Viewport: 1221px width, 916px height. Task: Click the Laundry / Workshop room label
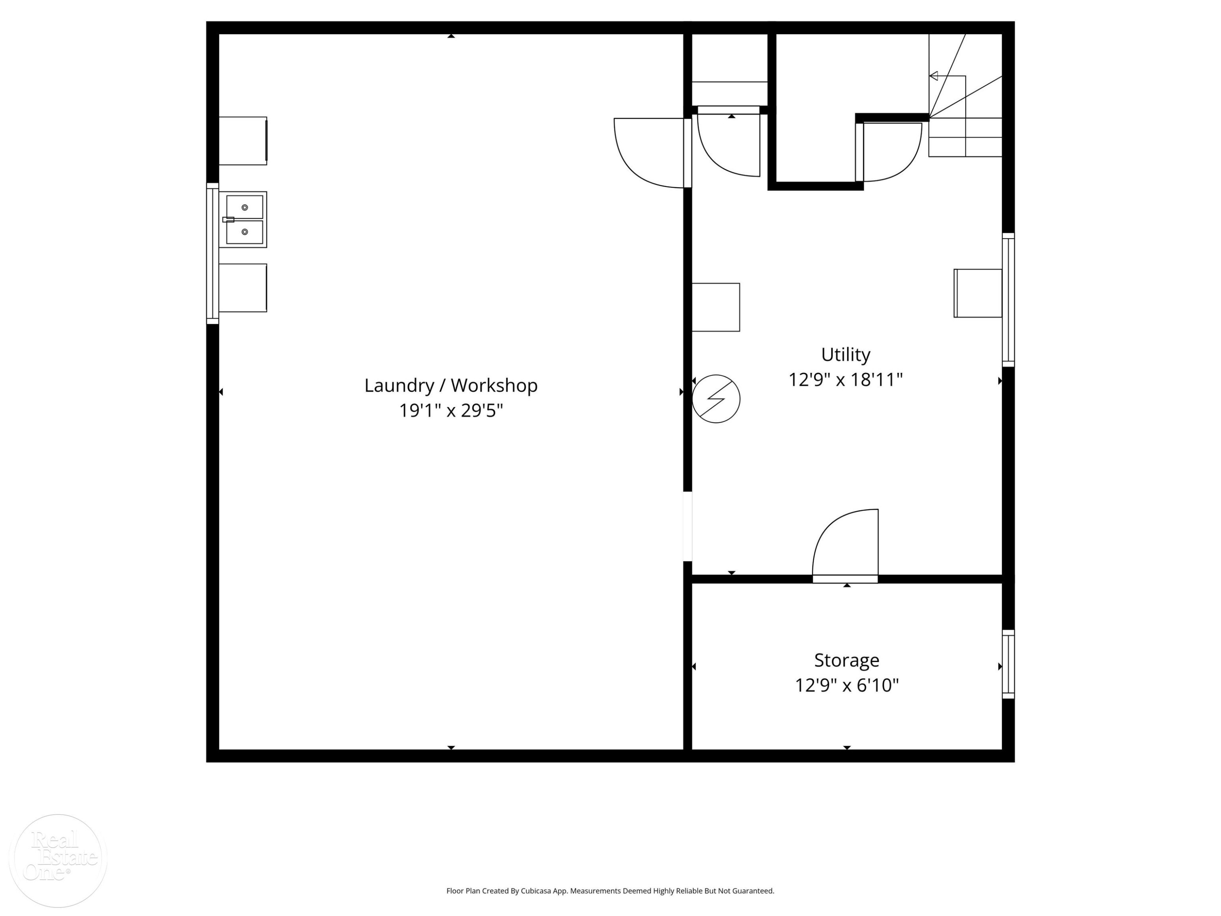click(451, 386)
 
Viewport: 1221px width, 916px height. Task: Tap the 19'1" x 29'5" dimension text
click(451, 411)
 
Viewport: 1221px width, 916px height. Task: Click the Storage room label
click(846, 660)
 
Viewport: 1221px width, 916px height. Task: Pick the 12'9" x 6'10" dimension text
click(846, 685)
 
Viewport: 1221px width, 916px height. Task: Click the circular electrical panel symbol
click(716, 399)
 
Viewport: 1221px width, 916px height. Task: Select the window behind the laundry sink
click(212, 254)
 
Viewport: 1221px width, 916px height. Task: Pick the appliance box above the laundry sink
click(243, 141)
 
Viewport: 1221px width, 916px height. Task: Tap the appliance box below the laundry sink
click(243, 288)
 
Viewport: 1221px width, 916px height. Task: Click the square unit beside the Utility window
click(978, 293)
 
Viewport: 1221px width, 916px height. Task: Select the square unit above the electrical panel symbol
click(716, 307)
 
